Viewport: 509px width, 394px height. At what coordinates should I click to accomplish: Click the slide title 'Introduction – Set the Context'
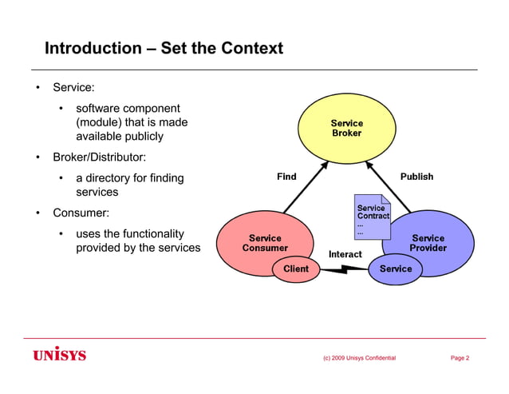pyautogui.click(x=164, y=48)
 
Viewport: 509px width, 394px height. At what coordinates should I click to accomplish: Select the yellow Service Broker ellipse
pyautogui.click(x=346, y=128)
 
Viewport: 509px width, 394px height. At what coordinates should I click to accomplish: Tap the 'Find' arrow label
pyautogui.click(x=286, y=177)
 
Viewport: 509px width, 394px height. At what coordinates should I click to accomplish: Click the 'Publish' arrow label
pyautogui.click(x=416, y=177)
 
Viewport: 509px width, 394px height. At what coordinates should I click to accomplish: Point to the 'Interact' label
pyautogui.click(x=345, y=254)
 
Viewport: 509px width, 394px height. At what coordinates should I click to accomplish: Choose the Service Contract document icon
pyautogui.click(x=373, y=217)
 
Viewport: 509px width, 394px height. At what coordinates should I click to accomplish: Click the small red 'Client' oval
pyautogui.click(x=296, y=269)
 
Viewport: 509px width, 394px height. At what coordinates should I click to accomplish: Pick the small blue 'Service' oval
pyautogui.click(x=395, y=269)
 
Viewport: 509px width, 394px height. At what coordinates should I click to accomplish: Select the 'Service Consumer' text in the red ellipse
pyautogui.click(x=265, y=243)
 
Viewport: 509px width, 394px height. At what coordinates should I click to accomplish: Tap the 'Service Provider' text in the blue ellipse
pyautogui.click(x=428, y=243)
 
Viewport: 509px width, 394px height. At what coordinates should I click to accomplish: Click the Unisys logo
pyautogui.click(x=60, y=354)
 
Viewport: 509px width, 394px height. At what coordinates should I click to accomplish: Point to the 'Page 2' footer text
pyautogui.click(x=460, y=358)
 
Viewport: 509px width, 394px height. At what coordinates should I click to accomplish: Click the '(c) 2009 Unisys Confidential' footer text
pyautogui.click(x=359, y=358)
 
